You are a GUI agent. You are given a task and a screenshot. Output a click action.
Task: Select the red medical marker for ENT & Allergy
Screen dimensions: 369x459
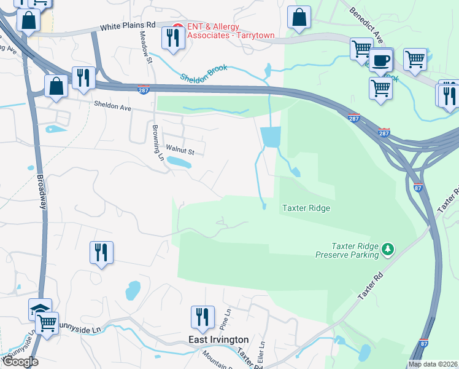(x=177, y=27)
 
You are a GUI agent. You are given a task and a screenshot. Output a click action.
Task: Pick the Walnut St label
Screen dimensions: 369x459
(x=180, y=149)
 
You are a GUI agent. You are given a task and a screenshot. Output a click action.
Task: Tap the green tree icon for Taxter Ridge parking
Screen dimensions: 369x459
(x=387, y=249)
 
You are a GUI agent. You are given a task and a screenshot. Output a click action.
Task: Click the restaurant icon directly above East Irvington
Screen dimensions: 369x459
(x=202, y=317)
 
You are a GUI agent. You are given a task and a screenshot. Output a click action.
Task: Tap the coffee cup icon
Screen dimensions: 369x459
(x=380, y=61)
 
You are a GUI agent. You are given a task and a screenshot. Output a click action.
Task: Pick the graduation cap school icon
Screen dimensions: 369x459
(x=40, y=309)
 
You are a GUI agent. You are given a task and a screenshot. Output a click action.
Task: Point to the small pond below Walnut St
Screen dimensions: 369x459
(x=179, y=162)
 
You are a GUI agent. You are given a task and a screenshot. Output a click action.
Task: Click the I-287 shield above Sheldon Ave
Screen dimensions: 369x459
(x=144, y=89)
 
